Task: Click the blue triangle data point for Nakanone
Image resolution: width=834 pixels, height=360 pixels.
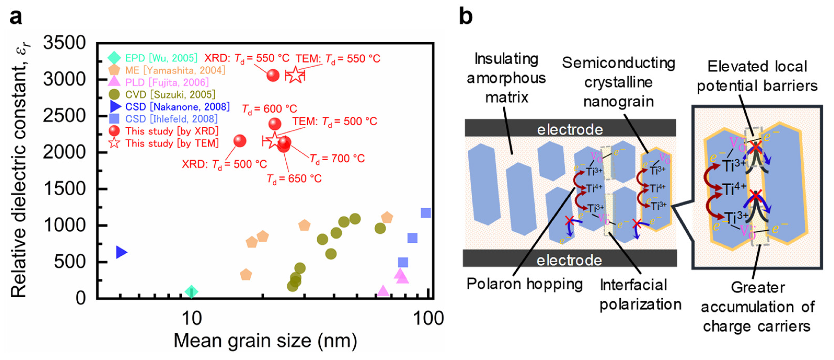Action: (x=121, y=252)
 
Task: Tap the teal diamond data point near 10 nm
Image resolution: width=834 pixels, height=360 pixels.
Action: (x=191, y=291)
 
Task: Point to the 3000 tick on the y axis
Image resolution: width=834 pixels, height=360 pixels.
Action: (x=64, y=79)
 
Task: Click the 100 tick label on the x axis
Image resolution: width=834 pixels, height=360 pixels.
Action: (x=428, y=319)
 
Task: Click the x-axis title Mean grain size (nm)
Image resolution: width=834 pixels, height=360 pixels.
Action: (x=266, y=341)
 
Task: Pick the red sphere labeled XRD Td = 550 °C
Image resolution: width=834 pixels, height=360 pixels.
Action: (x=273, y=76)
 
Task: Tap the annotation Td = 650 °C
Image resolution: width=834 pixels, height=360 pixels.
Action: (x=294, y=179)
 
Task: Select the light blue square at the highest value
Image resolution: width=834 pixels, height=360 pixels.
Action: (x=426, y=213)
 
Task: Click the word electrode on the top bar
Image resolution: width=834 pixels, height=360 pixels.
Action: (x=570, y=130)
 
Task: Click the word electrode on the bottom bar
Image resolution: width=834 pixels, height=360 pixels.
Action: (x=569, y=260)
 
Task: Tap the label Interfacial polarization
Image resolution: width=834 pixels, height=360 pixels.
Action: (x=640, y=295)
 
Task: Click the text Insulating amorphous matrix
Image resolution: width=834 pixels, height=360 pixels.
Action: (x=506, y=78)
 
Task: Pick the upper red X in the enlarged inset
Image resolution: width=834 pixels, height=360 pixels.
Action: (x=755, y=147)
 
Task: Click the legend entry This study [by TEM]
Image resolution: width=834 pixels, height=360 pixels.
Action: (x=172, y=143)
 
